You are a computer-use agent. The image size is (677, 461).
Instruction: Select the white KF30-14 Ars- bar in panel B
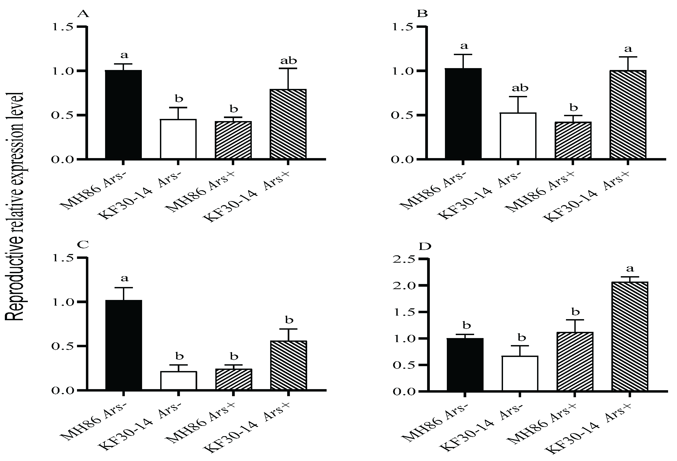518,136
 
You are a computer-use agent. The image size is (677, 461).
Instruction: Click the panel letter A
83,14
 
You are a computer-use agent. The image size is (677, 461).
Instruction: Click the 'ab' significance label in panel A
289,61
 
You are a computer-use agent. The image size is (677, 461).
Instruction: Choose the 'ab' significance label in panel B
520,88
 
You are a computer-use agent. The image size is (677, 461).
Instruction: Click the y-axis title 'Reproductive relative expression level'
15,207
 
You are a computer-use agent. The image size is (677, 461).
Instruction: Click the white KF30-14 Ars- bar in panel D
520,373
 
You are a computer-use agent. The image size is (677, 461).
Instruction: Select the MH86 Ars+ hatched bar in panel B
573,140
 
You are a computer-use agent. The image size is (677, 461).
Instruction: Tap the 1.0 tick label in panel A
62,71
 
